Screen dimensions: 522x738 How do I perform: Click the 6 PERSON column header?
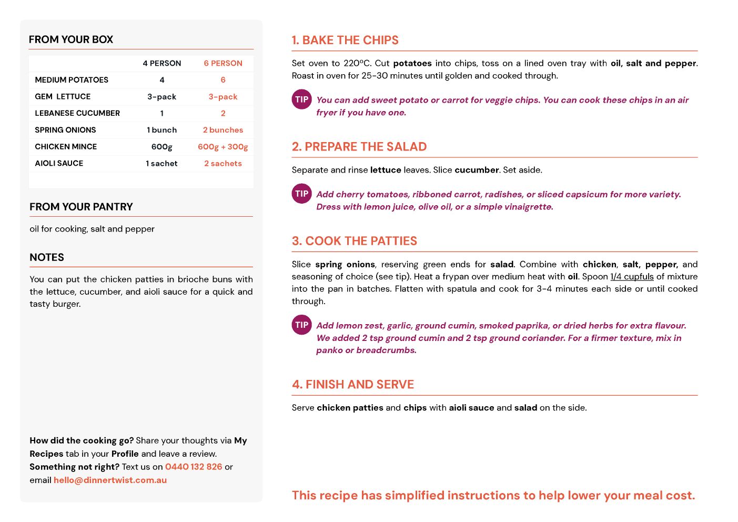(223, 63)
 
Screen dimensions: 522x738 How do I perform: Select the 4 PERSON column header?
(161, 63)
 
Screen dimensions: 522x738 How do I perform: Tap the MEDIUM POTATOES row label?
(72, 80)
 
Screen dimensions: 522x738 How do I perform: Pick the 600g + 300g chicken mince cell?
(223, 147)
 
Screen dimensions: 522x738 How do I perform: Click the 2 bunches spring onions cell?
(223, 130)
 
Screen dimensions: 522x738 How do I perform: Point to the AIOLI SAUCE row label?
(59, 164)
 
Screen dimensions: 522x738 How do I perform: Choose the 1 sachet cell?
(161, 164)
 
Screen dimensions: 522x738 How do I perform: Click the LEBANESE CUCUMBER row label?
(77, 113)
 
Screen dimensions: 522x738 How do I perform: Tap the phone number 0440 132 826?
(194, 467)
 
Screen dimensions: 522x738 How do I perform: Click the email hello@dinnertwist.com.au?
(110, 480)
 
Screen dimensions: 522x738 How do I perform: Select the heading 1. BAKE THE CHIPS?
(345, 41)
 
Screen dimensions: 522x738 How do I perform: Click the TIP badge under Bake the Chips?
(302, 99)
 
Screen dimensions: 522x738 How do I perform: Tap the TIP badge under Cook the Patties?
(302, 325)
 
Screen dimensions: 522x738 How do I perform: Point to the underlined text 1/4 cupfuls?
(632, 277)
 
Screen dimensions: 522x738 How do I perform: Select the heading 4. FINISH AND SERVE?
(353, 385)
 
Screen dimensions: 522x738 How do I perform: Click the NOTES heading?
(47, 257)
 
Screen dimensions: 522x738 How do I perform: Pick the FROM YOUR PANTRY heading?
(81, 207)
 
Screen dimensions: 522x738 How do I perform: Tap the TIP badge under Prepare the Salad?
(302, 194)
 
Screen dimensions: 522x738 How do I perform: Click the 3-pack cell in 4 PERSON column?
(161, 97)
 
